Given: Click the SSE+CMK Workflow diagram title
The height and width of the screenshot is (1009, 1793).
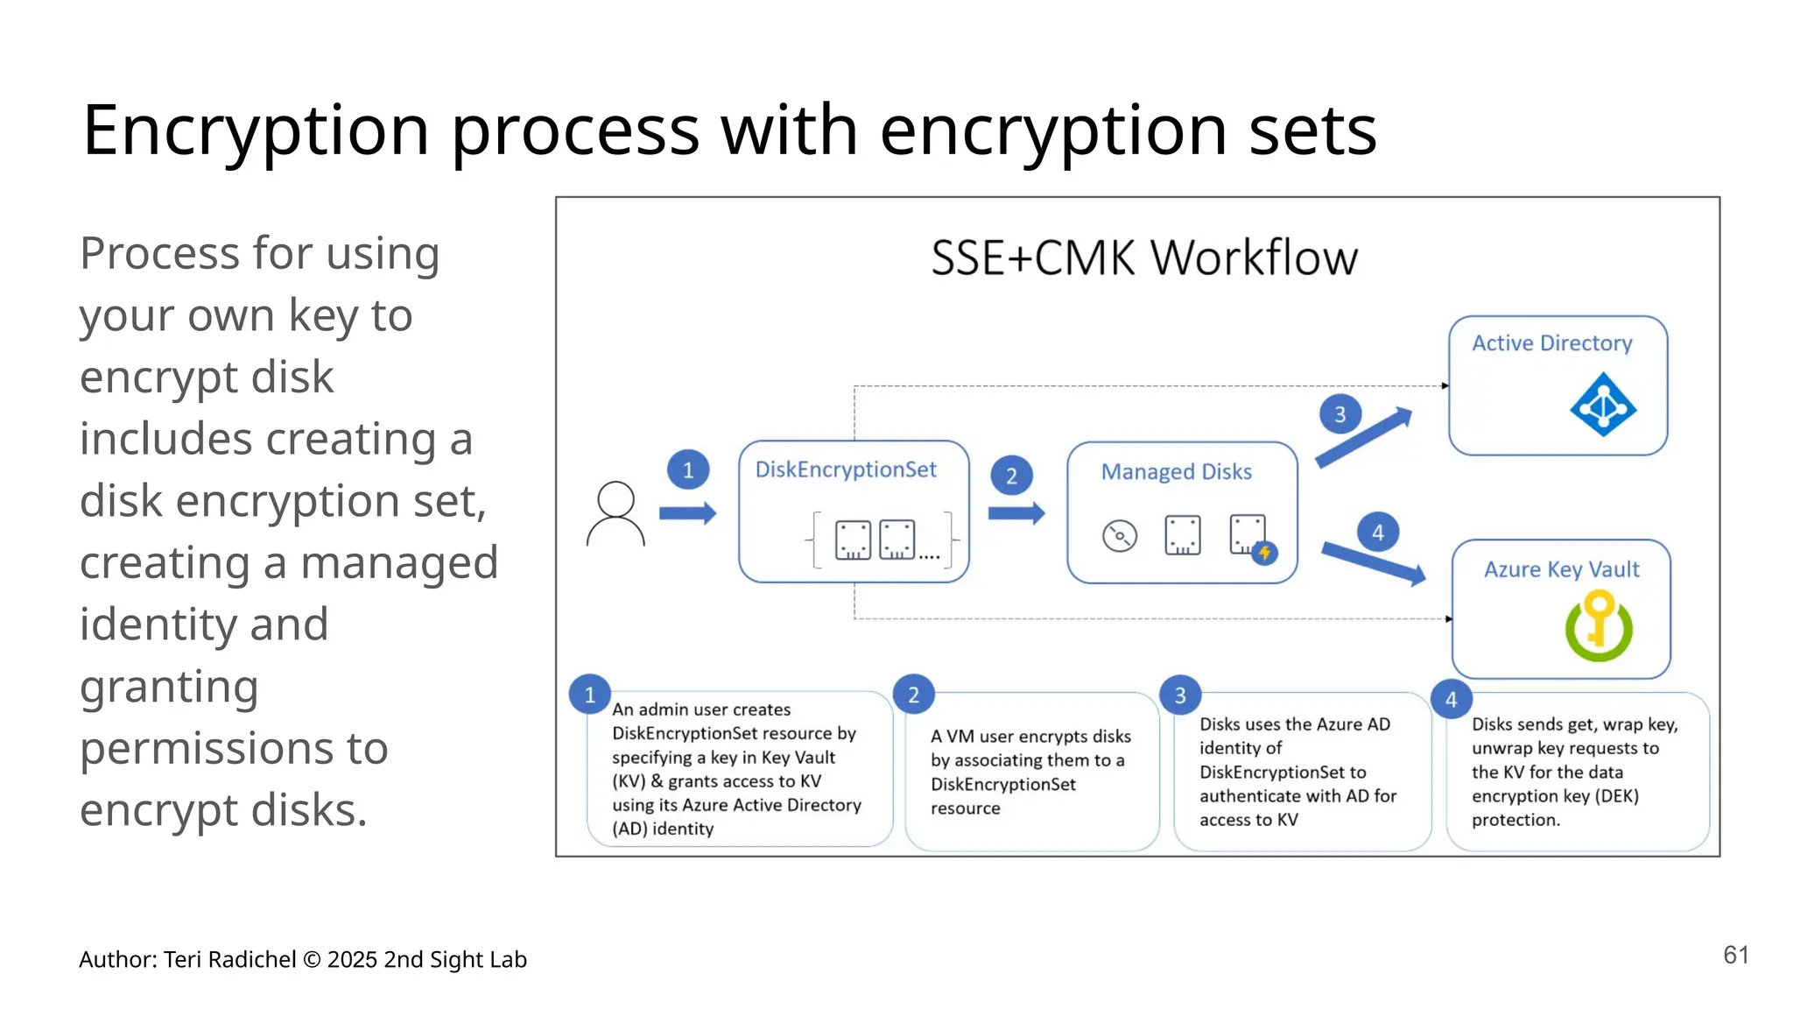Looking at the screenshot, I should [x=1143, y=258].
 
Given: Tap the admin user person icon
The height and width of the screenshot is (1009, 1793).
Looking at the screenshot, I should [x=615, y=514].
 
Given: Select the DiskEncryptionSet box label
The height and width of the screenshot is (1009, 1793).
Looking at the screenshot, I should [x=846, y=469].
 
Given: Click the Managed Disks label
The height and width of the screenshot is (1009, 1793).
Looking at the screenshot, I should [x=1176, y=471].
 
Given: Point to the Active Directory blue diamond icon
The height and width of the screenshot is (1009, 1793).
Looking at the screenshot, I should [x=1602, y=405].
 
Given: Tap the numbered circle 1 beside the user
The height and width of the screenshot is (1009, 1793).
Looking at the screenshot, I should [x=688, y=470].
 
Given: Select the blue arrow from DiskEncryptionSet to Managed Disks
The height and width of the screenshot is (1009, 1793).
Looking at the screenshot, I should [x=1016, y=513].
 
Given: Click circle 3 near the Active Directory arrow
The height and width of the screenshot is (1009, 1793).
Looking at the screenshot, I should [x=1339, y=414].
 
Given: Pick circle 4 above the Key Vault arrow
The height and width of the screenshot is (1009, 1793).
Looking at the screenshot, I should [x=1378, y=533].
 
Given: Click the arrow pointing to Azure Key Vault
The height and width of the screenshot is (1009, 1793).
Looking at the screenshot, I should [x=1373, y=563].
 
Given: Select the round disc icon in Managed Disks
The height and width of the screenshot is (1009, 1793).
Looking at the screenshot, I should [x=1119, y=535].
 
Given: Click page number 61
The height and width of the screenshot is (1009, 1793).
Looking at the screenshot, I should [x=1735, y=955].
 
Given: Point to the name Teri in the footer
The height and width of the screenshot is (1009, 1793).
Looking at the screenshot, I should [x=182, y=960].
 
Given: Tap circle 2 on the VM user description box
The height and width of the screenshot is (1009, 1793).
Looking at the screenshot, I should [x=913, y=695].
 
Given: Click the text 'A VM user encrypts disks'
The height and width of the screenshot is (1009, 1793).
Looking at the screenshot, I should [x=1030, y=737].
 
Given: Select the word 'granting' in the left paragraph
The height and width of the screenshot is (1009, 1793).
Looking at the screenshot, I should [x=169, y=687].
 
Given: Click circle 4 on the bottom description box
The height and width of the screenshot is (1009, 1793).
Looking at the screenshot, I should [x=1451, y=699].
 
